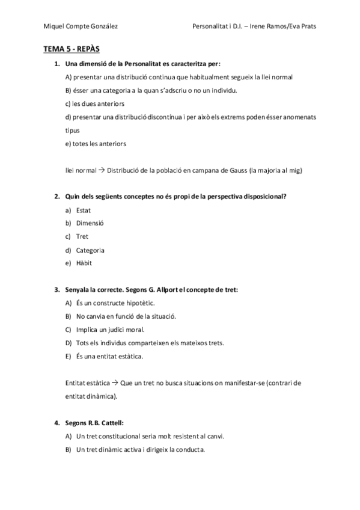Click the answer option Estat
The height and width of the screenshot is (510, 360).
point(84,210)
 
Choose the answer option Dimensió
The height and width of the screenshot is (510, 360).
point(90,223)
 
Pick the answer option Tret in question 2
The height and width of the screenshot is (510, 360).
point(82,236)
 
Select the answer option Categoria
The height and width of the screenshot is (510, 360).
point(90,250)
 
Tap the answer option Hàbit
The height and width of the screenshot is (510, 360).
point(84,263)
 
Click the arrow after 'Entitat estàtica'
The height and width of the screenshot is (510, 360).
point(115,383)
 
